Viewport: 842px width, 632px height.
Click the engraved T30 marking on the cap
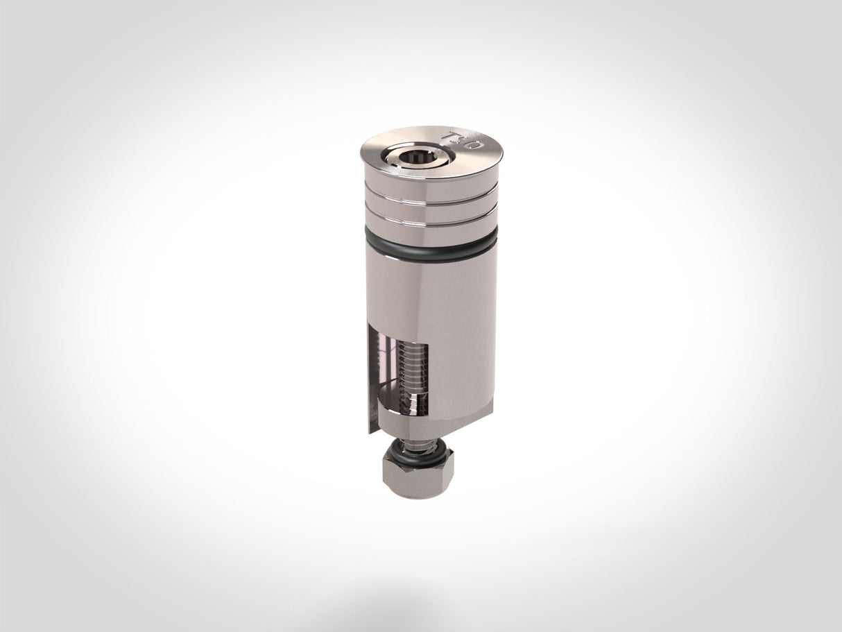pyautogui.click(x=462, y=140)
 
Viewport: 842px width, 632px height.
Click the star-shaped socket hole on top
pyautogui.click(x=418, y=157)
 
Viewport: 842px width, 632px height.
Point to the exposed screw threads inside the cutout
pyautogui.click(x=413, y=368)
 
